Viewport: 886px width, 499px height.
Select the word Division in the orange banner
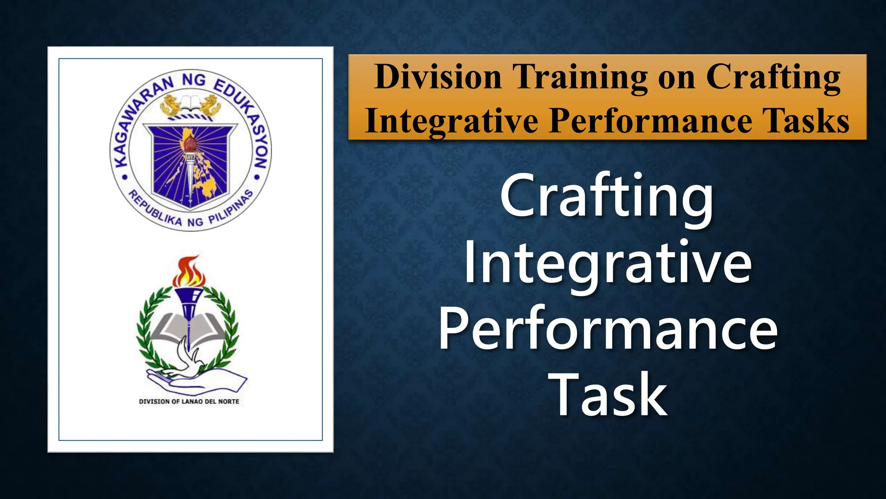(438, 77)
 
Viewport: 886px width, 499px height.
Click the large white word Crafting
(607, 197)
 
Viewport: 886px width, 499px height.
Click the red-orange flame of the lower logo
(189, 271)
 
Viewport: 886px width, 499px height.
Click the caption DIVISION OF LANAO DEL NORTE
(189, 402)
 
